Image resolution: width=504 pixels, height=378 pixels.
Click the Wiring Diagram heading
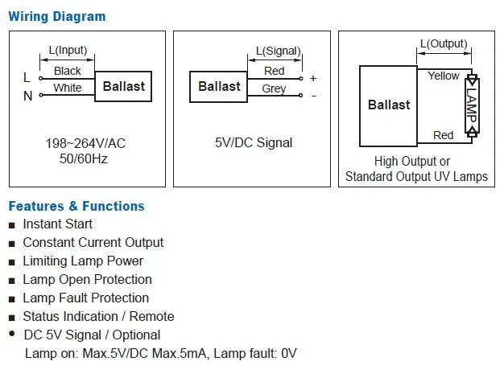[x=56, y=16]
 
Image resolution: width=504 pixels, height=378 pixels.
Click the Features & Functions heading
[x=76, y=206]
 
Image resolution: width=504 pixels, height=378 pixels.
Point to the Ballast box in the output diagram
[x=389, y=105]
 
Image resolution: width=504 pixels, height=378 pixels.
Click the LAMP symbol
[x=472, y=105]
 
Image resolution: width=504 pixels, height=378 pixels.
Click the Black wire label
[x=68, y=72]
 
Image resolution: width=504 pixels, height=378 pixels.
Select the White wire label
[x=68, y=88]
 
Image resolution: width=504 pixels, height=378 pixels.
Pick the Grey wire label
[x=274, y=88]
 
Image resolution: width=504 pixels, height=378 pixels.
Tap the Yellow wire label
[x=444, y=76]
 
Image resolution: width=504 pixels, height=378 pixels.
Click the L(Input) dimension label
[x=68, y=50]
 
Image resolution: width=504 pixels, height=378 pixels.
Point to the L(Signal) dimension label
[x=278, y=51]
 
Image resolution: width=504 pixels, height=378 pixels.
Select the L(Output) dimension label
[x=443, y=43]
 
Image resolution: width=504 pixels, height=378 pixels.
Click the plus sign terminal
[x=313, y=78]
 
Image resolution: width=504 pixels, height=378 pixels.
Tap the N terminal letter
[x=27, y=96]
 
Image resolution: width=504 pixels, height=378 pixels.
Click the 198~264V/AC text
[x=87, y=144]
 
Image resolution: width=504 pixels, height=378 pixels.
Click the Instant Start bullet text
[x=57, y=224]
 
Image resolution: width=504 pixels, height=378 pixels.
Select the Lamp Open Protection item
[x=87, y=279]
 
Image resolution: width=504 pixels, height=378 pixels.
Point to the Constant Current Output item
[x=93, y=242]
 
